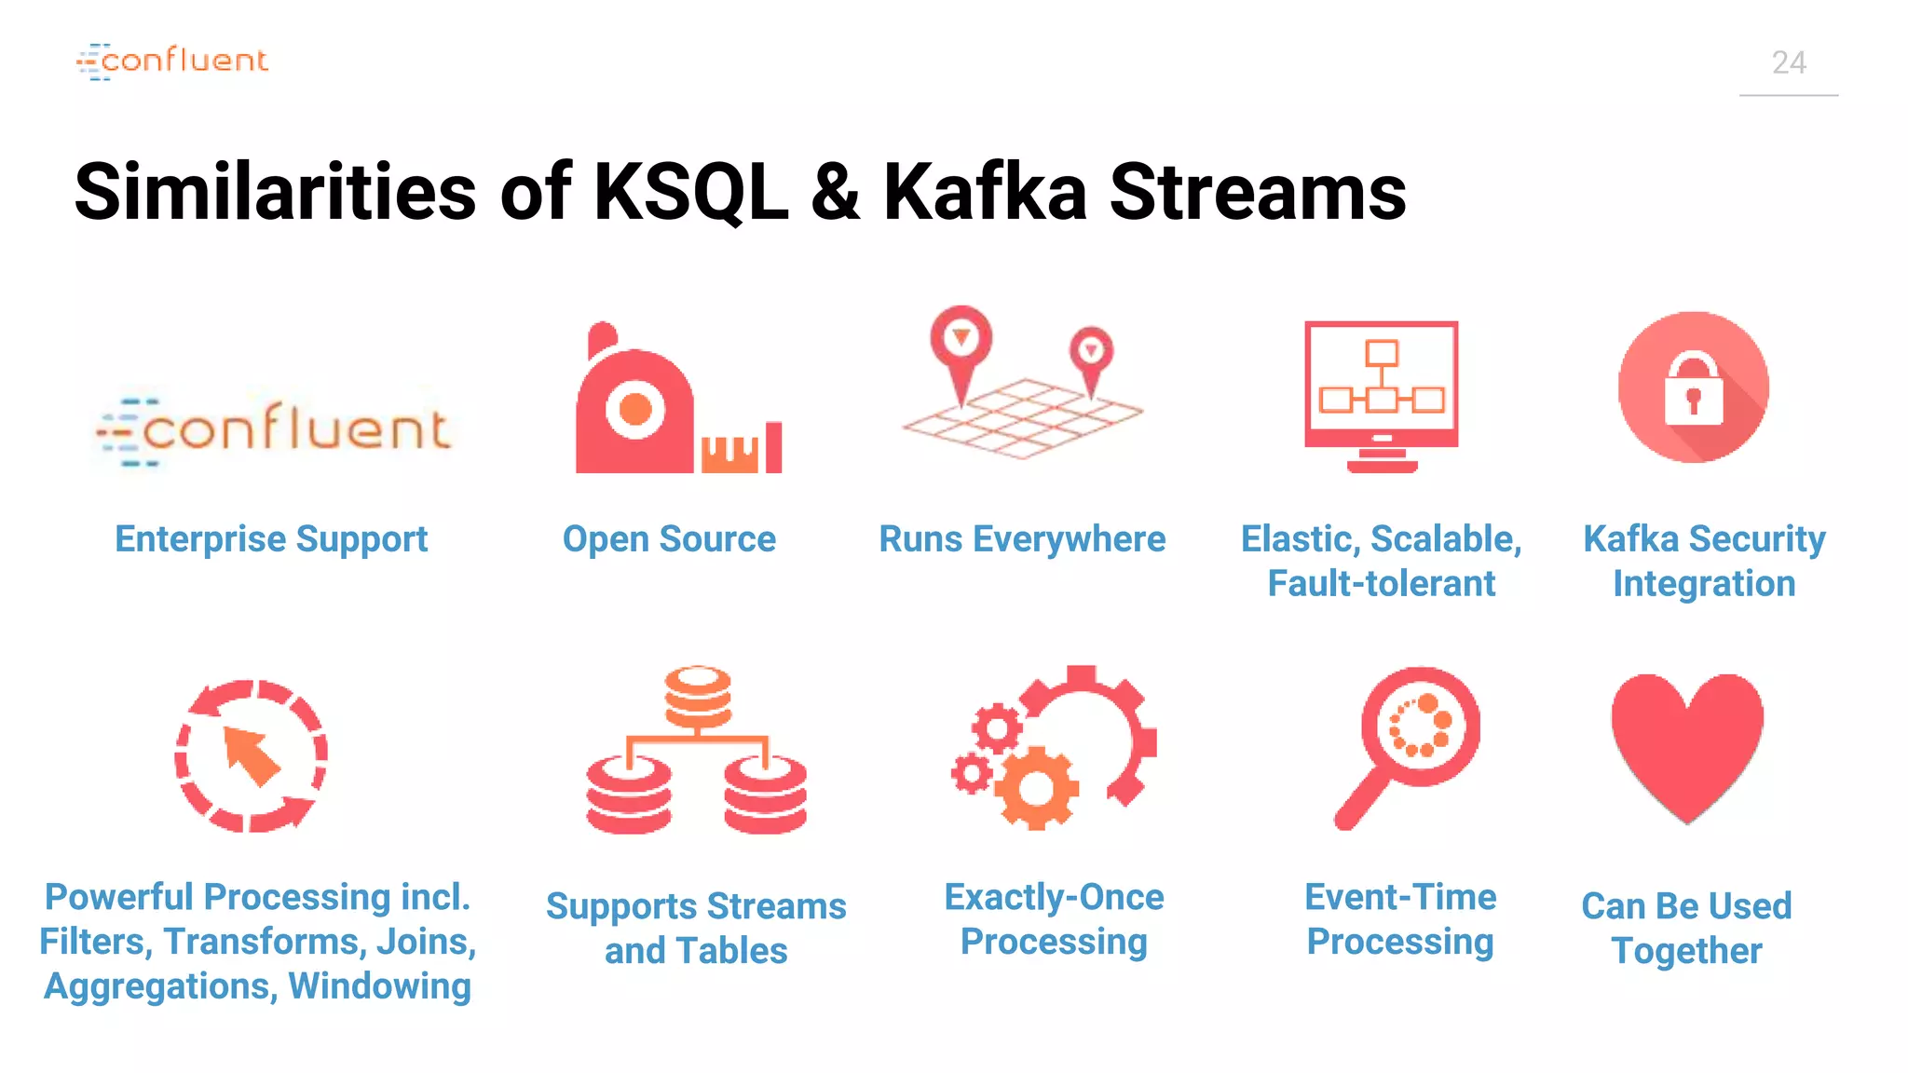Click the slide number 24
1788,63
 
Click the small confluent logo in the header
173,61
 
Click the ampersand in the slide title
836,193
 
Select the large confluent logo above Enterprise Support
276,430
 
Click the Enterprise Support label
271,539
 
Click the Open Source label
669,539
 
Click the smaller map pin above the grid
1091,354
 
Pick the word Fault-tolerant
1381,584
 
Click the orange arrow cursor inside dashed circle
251,755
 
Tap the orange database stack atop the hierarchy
698,697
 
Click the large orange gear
1036,789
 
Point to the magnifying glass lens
1420,727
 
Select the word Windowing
379,986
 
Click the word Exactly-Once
1054,897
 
